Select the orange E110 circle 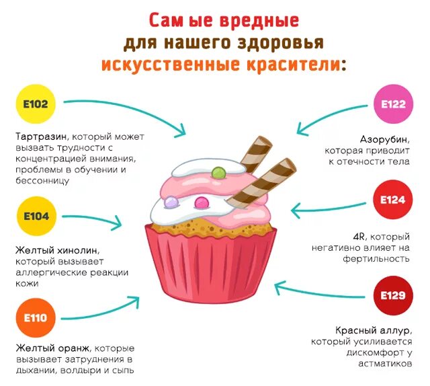pos(35,317)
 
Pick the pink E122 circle pos(394,105)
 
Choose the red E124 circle pos(394,200)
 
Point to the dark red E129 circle pos(394,295)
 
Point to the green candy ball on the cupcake pos(218,173)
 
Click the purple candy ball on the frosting pos(172,200)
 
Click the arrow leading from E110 pos(101,311)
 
